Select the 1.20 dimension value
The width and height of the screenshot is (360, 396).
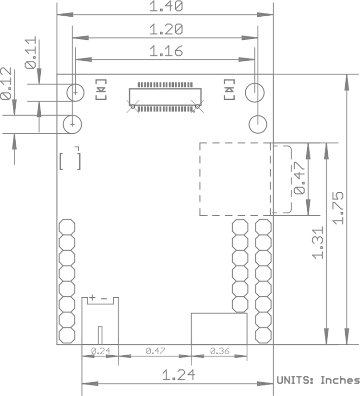pyautogui.click(x=166, y=29)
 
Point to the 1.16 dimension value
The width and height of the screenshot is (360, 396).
pyautogui.click(x=166, y=51)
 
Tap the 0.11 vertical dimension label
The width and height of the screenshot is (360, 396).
pyautogui.click(x=31, y=54)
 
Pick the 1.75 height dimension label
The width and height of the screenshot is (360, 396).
pyautogui.click(x=339, y=208)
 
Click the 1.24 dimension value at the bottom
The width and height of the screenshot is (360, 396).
pyautogui.click(x=178, y=374)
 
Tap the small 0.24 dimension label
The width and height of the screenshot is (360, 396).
pyautogui.click(x=100, y=351)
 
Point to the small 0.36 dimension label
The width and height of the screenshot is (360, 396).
pyautogui.click(x=219, y=351)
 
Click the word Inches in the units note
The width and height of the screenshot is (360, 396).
pyautogui.click(x=340, y=380)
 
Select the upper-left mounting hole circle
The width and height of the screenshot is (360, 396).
pyautogui.click(x=76, y=92)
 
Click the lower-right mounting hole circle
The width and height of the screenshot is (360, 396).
pyautogui.click(x=258, y=125)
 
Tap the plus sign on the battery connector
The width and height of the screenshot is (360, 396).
pyautogui.click(x=92, y=298)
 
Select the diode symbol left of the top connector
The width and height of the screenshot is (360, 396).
pyautogui.click(x=101, y=89)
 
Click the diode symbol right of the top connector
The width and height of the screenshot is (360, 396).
pyautogui.click(x=229, y=89)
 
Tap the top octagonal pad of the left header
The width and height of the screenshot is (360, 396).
pyautogui.click(x=67, y=226)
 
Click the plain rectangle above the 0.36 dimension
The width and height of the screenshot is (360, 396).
pyautogui.click(x=219, y=328)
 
